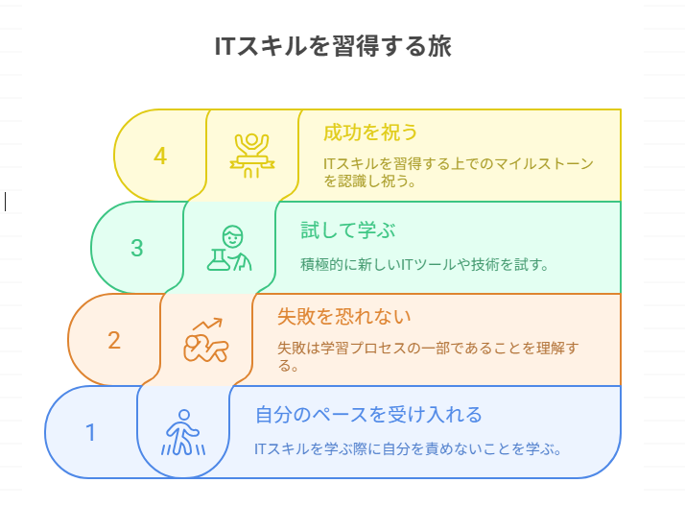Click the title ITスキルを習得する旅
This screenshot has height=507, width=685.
[x=332, y=47]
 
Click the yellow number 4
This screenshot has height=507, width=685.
[x=160, y=156]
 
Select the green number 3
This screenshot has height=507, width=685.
[x=137, y=248]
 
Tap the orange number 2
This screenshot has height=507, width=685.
[x=114, y=340]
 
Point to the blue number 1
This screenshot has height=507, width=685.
[x=91, y=432]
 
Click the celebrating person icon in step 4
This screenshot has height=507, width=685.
[x=252, y=155]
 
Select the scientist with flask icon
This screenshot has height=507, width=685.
[x=229, y=248]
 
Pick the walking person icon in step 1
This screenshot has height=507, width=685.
[x=183, y=432]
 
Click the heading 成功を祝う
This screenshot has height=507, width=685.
[x=370, y=132]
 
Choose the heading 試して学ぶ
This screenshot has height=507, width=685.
[x=336, y=230]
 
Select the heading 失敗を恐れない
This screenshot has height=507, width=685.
[x=330, y=316]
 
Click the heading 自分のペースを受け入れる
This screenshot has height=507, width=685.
[x=368, y=415]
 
